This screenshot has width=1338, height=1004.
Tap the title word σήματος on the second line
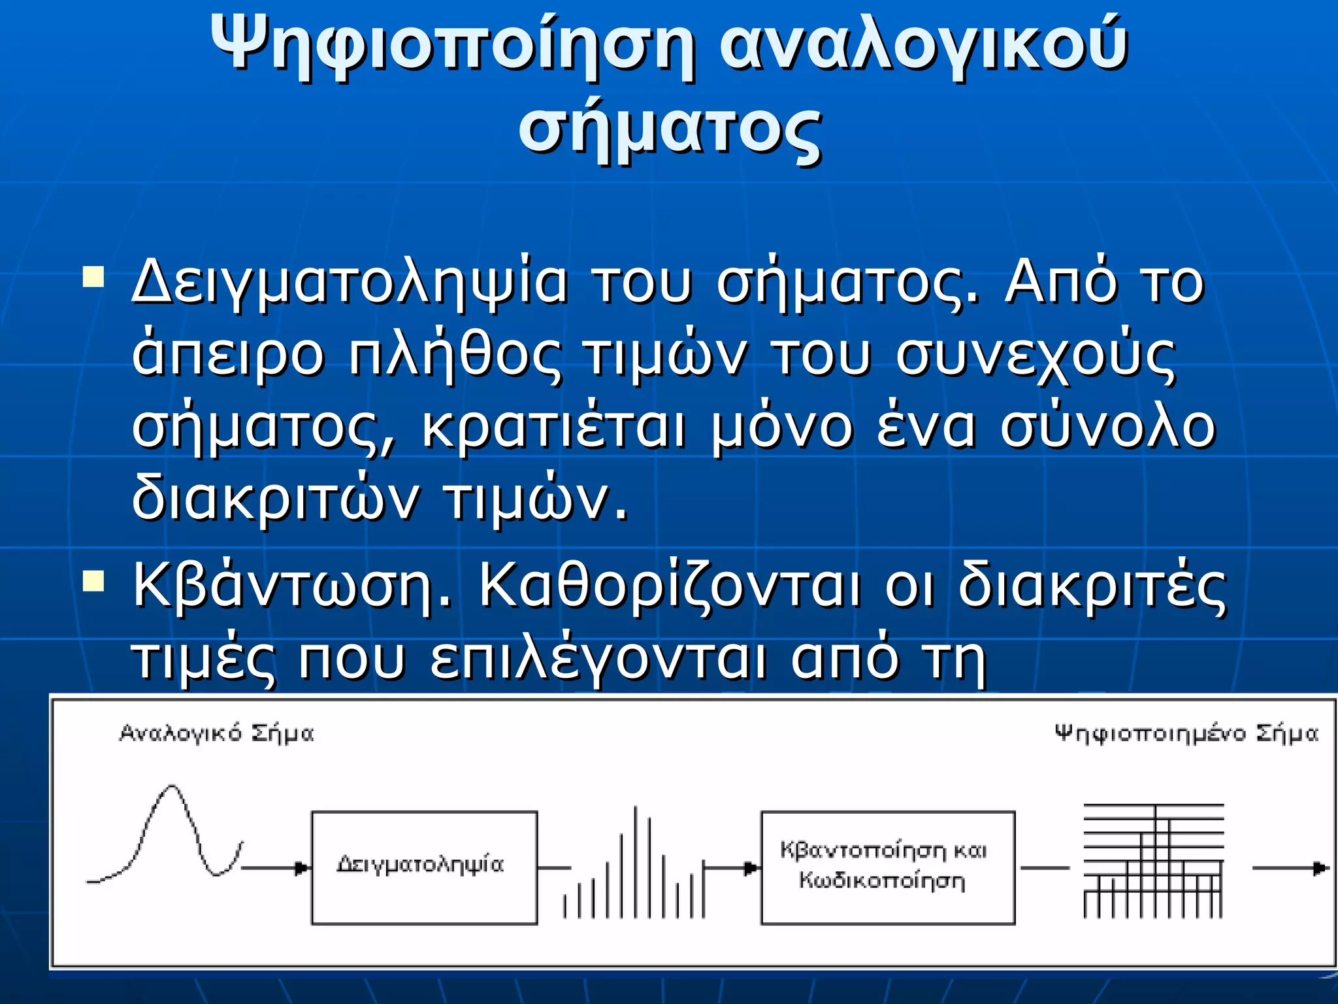tap(669, 128)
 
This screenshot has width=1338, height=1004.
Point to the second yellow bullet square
tap(93, 580)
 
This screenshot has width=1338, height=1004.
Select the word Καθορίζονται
tap(670, 586)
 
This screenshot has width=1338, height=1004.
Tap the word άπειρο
tap(228, 356)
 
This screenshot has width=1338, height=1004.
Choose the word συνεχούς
tap(1036, 356)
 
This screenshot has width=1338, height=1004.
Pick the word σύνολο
tap(1107, 428)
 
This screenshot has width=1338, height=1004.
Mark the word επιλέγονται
tap(598, 659)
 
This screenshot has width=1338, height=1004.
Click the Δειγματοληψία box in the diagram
tap(424, 867)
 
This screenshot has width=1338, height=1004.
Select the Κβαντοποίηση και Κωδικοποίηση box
tap(887, 867)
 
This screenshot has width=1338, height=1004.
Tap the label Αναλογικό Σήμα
tap(216, 733)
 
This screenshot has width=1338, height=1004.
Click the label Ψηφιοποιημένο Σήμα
tap(1186, 733)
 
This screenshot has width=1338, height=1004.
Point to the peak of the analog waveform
tap(172, 788)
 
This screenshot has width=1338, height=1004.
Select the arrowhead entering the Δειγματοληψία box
tap(302, 868)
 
